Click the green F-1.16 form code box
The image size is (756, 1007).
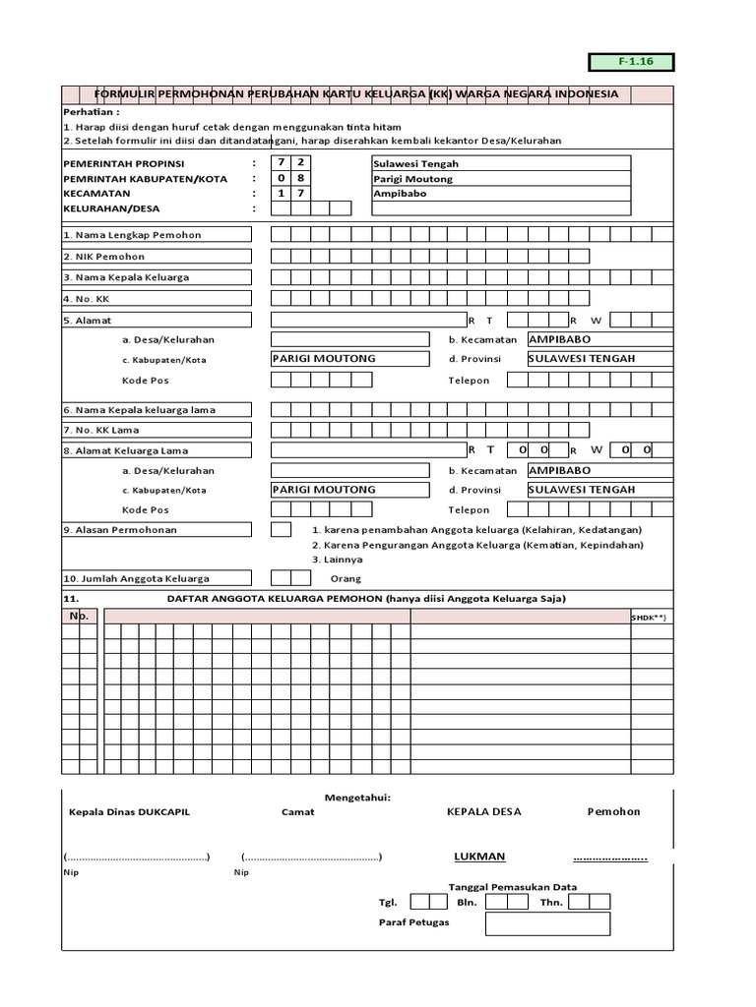click(x=631, y=62)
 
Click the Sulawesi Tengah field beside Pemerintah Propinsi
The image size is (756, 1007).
click(x=501, y=163)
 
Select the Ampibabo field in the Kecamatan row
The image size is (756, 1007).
click(x=501, y=194)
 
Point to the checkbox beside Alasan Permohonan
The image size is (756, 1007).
click(x=281, y=530)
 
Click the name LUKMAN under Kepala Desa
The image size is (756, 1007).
click(x=479, y=857)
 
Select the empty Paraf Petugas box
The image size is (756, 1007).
click(x=547, y=923)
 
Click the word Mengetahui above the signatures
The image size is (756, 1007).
click(x=358, y=798)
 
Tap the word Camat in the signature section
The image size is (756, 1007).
click(x=298, y=812)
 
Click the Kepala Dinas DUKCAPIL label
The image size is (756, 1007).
click(x=129, y=812)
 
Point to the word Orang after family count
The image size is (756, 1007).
click(x=346, y=579)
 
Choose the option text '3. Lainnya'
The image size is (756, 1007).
click(x=337, y=559)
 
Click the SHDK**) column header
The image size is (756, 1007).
click(x=650, y=617)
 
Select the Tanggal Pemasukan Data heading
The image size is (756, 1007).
click(x=513, y=886)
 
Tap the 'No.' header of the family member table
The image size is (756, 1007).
click(x=79, y=616)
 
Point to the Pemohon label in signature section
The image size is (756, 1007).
click(x=613, y=812)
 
